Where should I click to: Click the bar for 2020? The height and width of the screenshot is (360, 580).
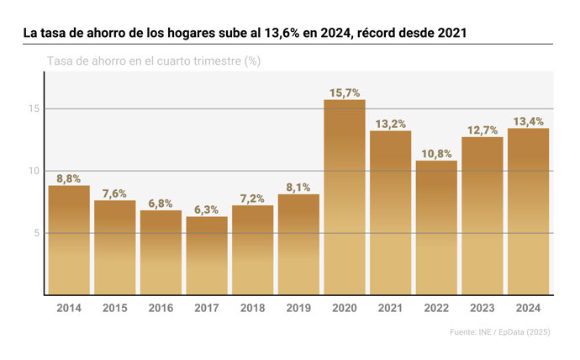click(x=345, y=198)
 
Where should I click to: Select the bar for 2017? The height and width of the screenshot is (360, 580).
click(x=207, y=256)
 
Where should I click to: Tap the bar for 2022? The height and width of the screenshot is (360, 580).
click(x=436, y=228)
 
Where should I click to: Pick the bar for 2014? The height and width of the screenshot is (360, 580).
click(x=69, y=241)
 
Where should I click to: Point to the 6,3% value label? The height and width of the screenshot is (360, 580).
click(x=207, y=209)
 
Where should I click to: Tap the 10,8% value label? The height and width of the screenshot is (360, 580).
click(x=436, y=154)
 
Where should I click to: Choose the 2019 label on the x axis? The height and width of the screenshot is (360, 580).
click(x=298, y=308)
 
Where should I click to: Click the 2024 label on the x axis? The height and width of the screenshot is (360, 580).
click(x=528, y=308)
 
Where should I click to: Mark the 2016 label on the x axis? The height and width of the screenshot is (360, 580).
click(x=161, y=308)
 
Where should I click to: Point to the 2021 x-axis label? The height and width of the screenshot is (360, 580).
click(x=390, y=308)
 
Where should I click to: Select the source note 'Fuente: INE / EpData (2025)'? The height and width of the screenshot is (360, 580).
click(x=500, y=333)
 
